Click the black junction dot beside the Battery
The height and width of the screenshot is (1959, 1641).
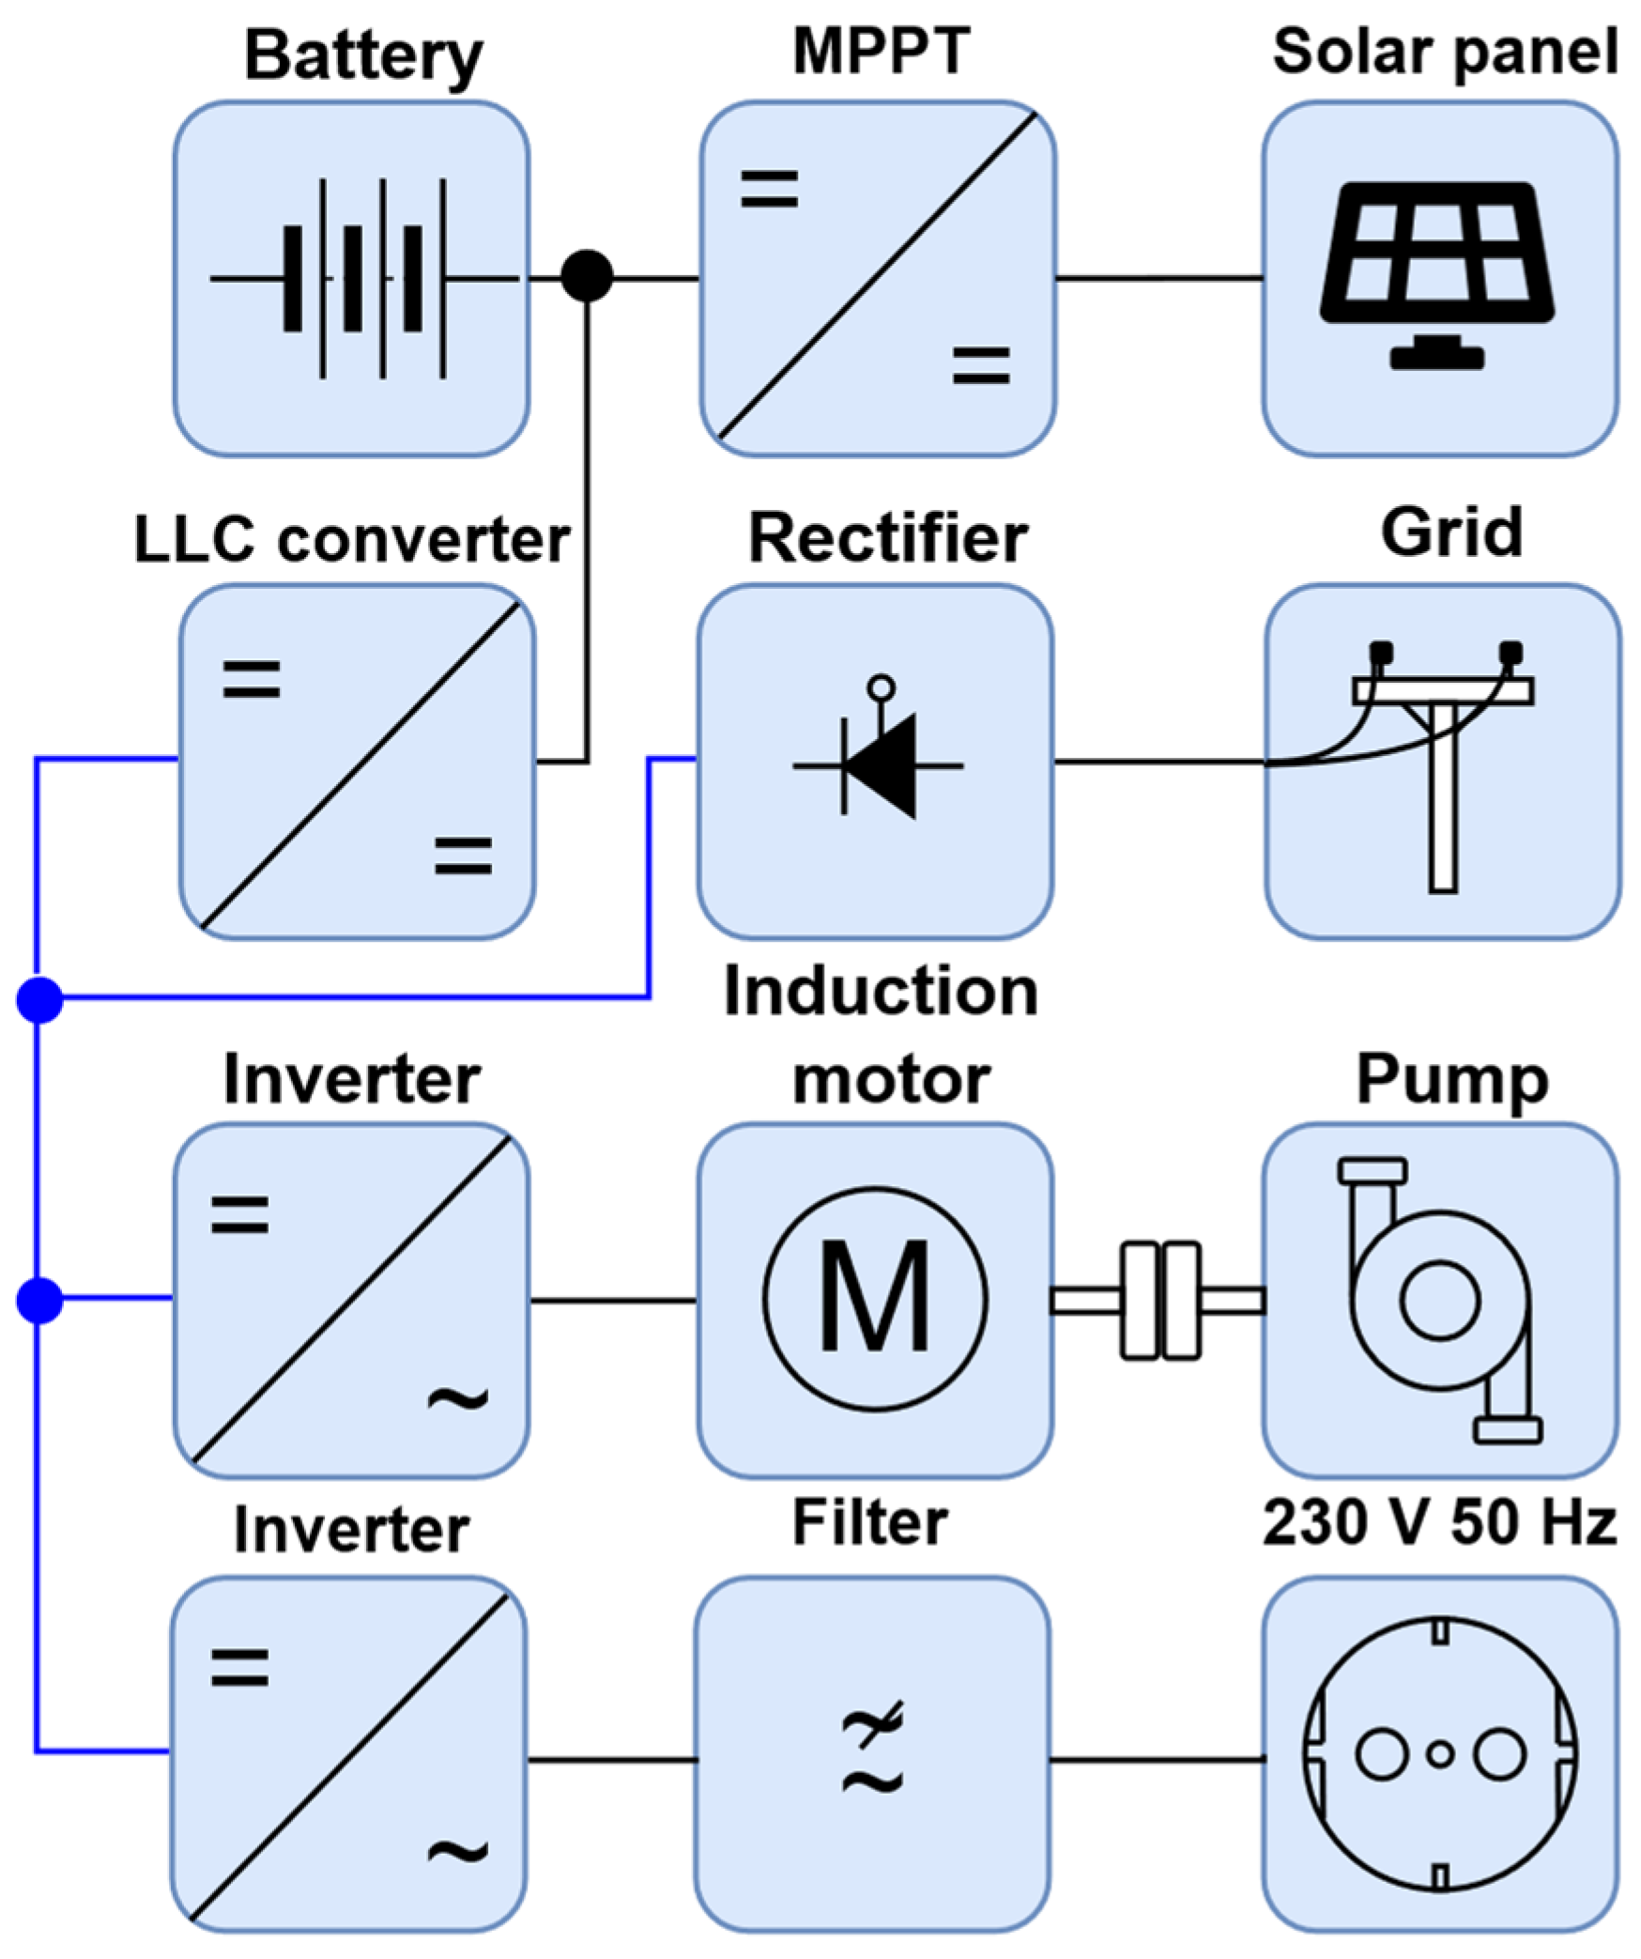click(587, 276)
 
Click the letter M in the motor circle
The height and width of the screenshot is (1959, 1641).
click(874, 1299)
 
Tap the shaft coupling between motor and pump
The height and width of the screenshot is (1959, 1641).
click(1159, 1301)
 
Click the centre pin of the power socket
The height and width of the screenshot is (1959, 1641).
click(1440, 1754)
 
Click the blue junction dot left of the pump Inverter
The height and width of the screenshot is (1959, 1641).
click(39, 1300)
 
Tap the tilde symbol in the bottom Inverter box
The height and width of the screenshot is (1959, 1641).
click(457, 1851)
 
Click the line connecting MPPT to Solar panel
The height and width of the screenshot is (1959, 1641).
click(1158, 278)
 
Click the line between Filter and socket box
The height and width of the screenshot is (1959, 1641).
click(1156, 1759)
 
